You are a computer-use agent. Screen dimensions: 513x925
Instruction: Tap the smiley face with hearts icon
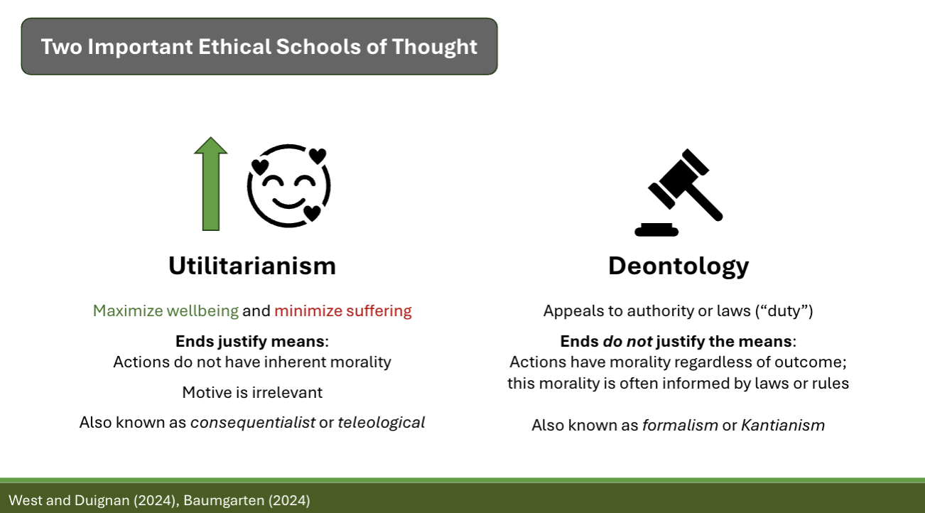point(288,185)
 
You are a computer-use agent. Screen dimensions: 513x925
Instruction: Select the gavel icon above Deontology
point(678,193)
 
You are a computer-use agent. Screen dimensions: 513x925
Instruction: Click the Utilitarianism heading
point(252,266)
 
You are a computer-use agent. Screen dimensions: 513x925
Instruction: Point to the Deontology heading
point(678,266)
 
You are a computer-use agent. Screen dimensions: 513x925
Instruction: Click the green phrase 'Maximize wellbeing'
point(166,310)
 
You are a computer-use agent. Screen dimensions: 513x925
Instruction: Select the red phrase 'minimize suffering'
point(343,310)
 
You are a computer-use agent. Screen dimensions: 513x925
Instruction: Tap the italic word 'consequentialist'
point(253,422)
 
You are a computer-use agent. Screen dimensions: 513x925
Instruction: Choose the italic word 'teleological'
point(382,422)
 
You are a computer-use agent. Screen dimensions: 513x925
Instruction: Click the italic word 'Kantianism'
point(783,426)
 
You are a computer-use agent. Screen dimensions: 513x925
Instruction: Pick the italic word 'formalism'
point(680,426)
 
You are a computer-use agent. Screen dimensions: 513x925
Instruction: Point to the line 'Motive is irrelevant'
point(252,392)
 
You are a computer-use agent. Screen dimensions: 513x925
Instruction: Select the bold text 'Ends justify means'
point(249,341)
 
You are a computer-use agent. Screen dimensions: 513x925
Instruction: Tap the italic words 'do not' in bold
point(627,341)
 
